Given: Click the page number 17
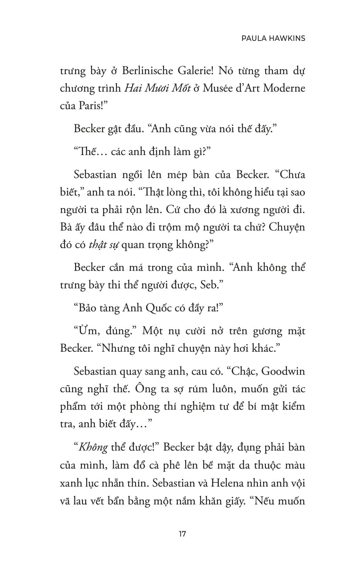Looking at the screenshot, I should tap(182, 534).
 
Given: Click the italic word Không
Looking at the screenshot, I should tap(93, 447).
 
